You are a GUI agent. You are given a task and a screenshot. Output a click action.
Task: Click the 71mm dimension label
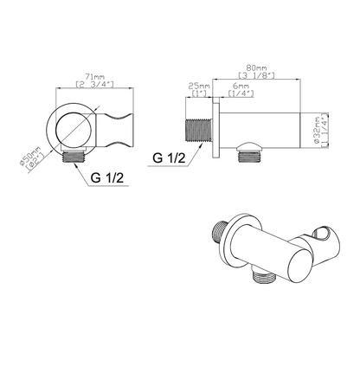pyautogui.click(x=94, y=77)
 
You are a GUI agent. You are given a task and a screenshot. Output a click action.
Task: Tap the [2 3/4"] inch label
pyautogui.click(x=94, y=84)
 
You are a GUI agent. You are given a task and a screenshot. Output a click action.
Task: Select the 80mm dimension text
pyautogui.click(x=256, y=68)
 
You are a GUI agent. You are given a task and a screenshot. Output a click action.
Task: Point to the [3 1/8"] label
pyautogui.click(x=256, y=75)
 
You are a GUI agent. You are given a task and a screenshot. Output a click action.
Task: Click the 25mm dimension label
pyautogui.click(x=199, y=86)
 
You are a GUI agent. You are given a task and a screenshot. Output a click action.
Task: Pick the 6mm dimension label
pyautogui.click(x=241, y=86)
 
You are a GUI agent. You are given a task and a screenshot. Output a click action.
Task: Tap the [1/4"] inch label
pyautogui.click(x=241, y=93)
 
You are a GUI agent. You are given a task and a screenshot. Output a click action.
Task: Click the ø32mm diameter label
pyautogui.click(x=317, y=130)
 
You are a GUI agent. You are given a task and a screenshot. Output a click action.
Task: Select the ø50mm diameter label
pyautogui.click(x=30, y=157)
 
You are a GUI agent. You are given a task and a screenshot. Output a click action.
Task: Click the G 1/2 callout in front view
pyautogui.click(x=107, y=177)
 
